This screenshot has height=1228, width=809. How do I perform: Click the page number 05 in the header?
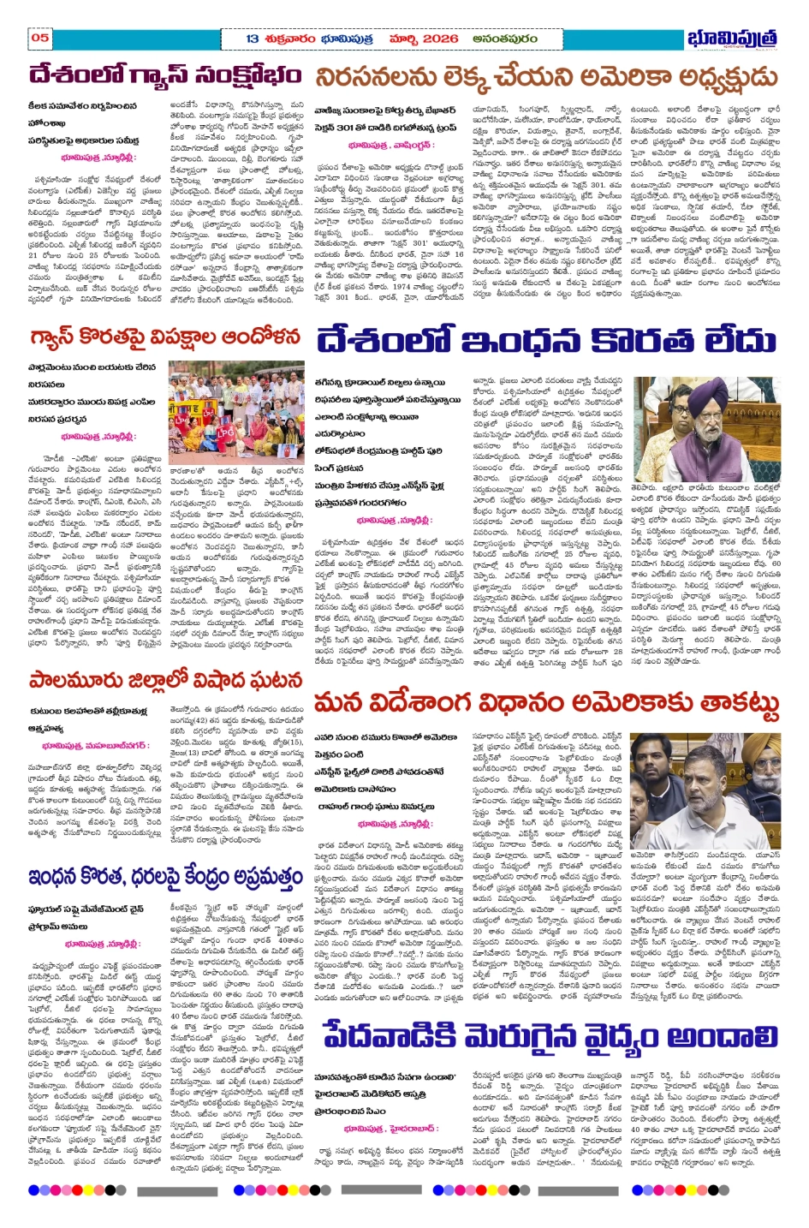point(40,38)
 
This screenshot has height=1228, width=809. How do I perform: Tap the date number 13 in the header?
point(253,39)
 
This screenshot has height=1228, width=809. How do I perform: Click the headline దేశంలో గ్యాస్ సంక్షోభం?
point(165,76)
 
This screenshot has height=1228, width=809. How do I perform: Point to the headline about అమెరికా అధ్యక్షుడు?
point(546,78)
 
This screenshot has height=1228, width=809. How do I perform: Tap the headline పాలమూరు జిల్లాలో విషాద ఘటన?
point(165,681)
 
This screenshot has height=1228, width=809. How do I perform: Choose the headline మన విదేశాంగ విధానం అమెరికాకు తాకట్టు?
point(546,705)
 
